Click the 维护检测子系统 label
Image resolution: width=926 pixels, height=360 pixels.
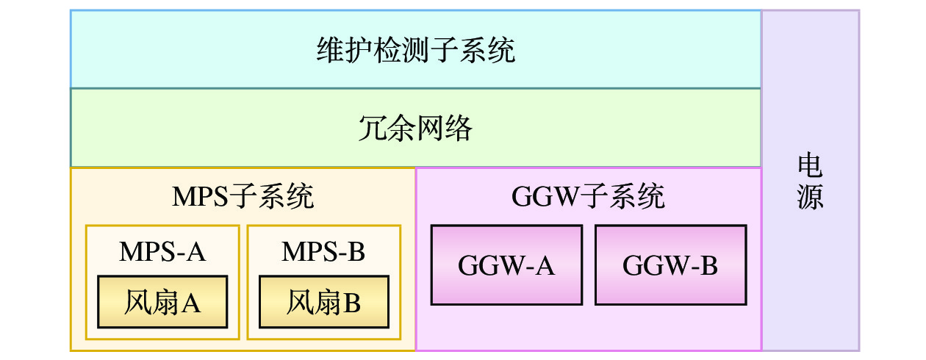pyautogui.click(x=416, y=51)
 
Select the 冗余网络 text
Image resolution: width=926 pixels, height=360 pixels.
pyautogui.click(x=416, y=129)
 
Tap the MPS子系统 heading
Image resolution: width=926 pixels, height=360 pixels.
pyautogui.click(x=243, y=197)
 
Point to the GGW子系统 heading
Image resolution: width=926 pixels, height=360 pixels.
pyautogui.click(x=588, y=197)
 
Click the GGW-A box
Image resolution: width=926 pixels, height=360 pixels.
pyautogui.click(x=506, y=265)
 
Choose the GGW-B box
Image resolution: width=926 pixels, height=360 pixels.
pyautogui.click(x=670, y=265)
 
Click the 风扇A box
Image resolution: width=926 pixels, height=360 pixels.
pyautogui.click(x=162, y=302)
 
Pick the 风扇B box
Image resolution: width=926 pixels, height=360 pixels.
pyautogui.click(x=324, y=302)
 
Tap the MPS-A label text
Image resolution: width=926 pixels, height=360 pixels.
pyautogui.click(x=162, y=252)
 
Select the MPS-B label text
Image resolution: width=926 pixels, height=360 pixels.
pyautogui.click(x=324, y=252)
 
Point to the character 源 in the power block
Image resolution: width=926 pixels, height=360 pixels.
pyautogui.click(x=810, y=197)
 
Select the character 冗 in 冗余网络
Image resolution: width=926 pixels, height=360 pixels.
pyautogui.click(x=373, y=129)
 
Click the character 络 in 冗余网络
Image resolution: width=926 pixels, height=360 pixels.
pyautogui.click(x=459, y=129)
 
